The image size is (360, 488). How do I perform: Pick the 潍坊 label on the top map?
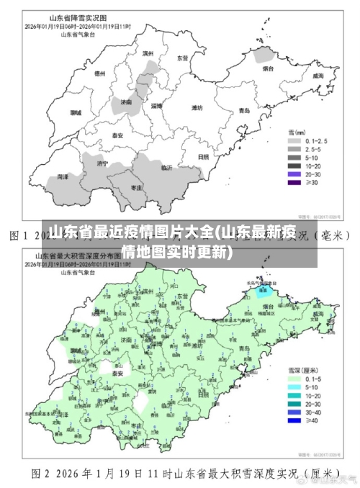coord(196,107)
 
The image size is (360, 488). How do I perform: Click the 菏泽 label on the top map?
coord(63,176)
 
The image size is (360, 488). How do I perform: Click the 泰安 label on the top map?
coord(117,135)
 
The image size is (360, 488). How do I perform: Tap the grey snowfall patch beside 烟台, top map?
coord(266,56)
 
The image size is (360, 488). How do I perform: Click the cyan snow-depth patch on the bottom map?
coord(263,291)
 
